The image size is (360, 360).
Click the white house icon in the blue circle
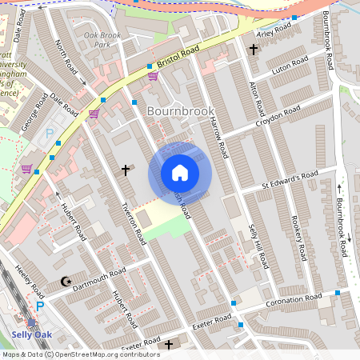[180, 173]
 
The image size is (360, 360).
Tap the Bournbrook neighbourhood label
[180, 110]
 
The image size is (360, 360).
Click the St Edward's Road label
[290, 180]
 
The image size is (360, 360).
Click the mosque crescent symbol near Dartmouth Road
[66, 281]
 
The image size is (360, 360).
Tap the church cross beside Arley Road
[254, 50]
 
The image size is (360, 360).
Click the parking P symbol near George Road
[49, 135]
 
